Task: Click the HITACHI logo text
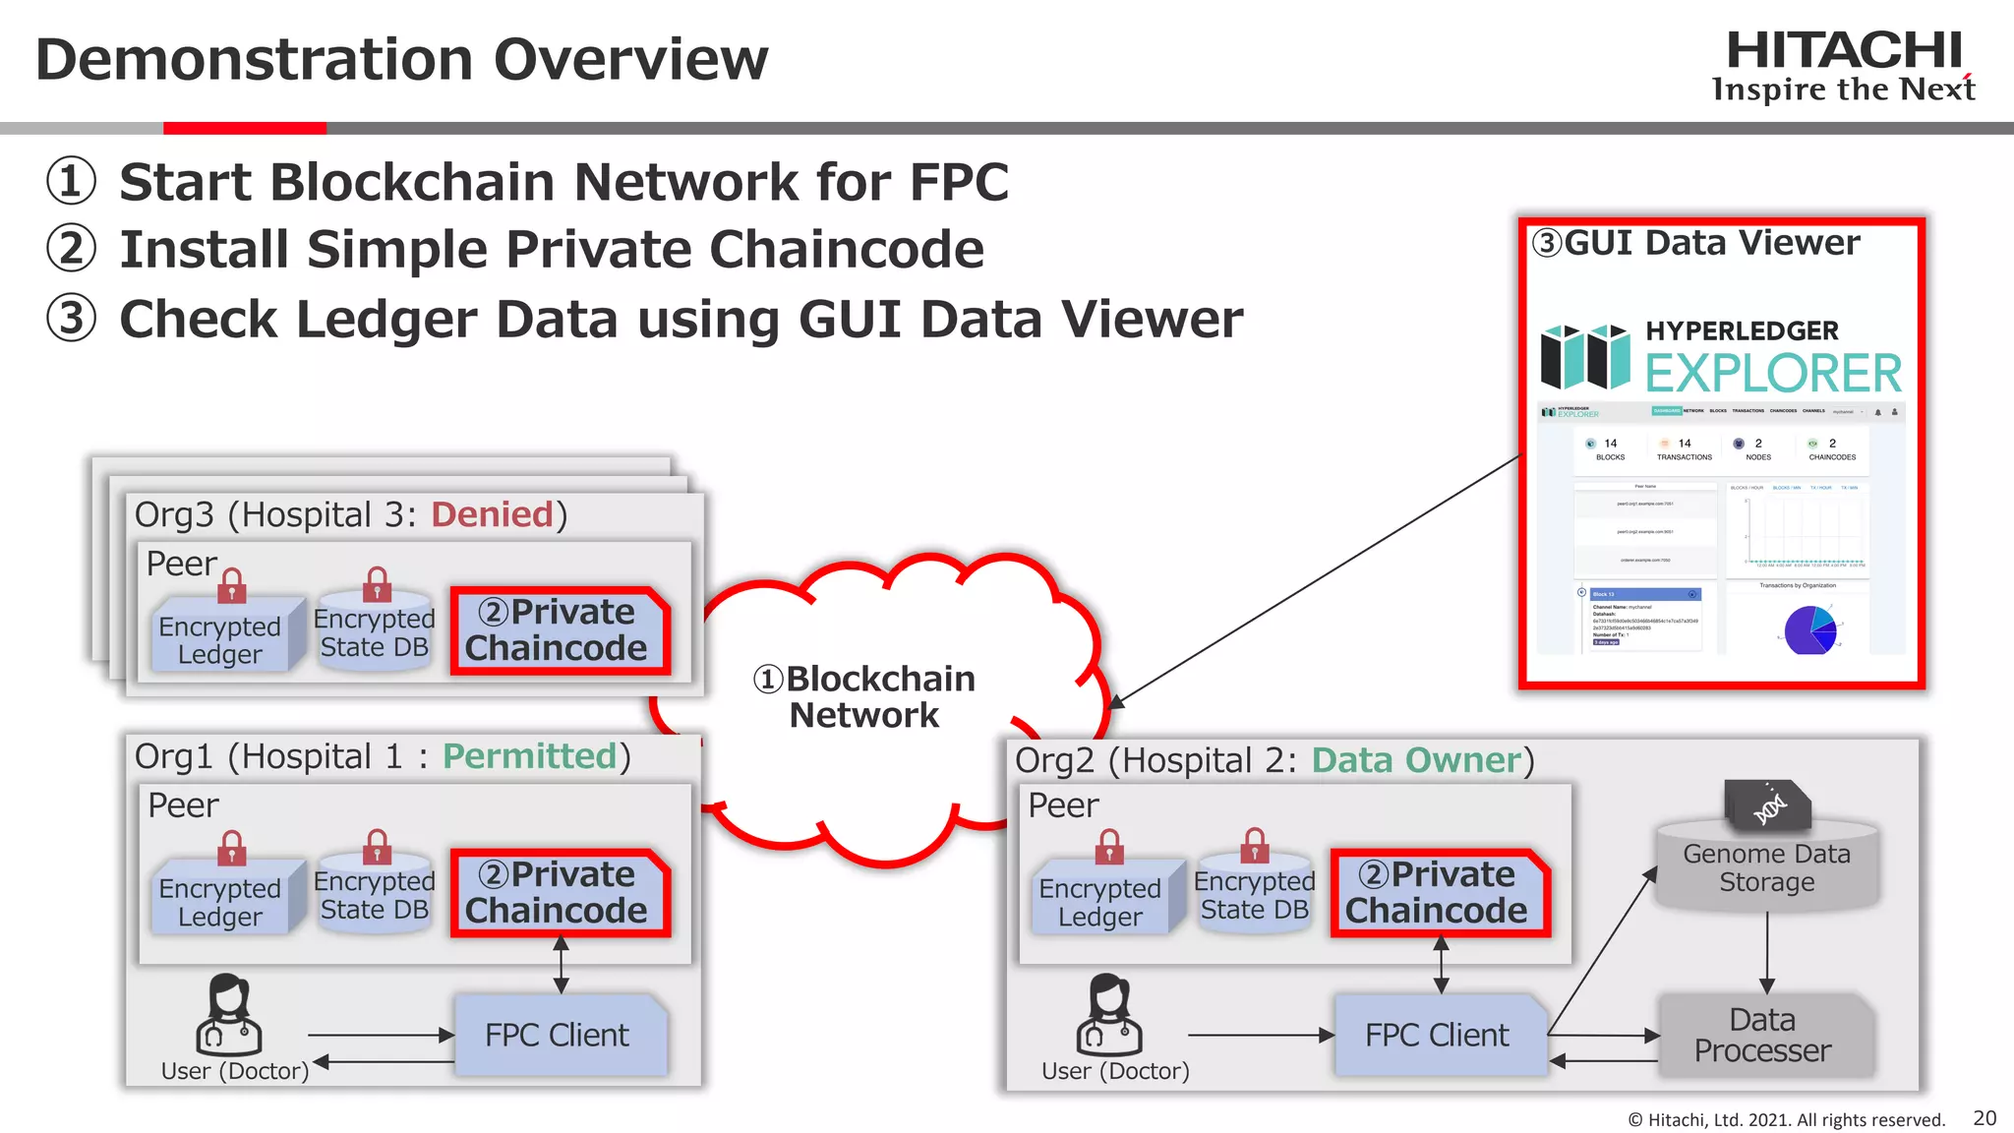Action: [x=1844, y=51]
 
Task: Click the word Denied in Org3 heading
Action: [x=492, y=514]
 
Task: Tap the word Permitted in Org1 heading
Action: [x=529, y=756]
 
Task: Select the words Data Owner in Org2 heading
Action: [x=1416, y=760]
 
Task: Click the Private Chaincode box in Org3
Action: [x=559, y=630]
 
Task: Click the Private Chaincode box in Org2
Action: [x=1439, y=893]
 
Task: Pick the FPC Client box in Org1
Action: [x=559, y=1035]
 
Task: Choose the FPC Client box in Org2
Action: [x=1438, y=1035]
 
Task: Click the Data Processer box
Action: [x=1763, y=1035]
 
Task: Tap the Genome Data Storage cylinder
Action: [x=1767, y=865]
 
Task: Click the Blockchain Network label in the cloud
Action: [x=865, y=696]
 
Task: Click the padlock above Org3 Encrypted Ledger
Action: [x=232, y=586]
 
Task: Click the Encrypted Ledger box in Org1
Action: [x=220, y=901]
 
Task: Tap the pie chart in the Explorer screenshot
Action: [x=1809, y=629]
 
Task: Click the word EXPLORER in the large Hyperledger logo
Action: [x=1773, y=374]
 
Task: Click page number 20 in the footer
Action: [x=1984, y=1118]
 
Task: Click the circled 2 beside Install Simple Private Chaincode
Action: [x=72, y=249]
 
